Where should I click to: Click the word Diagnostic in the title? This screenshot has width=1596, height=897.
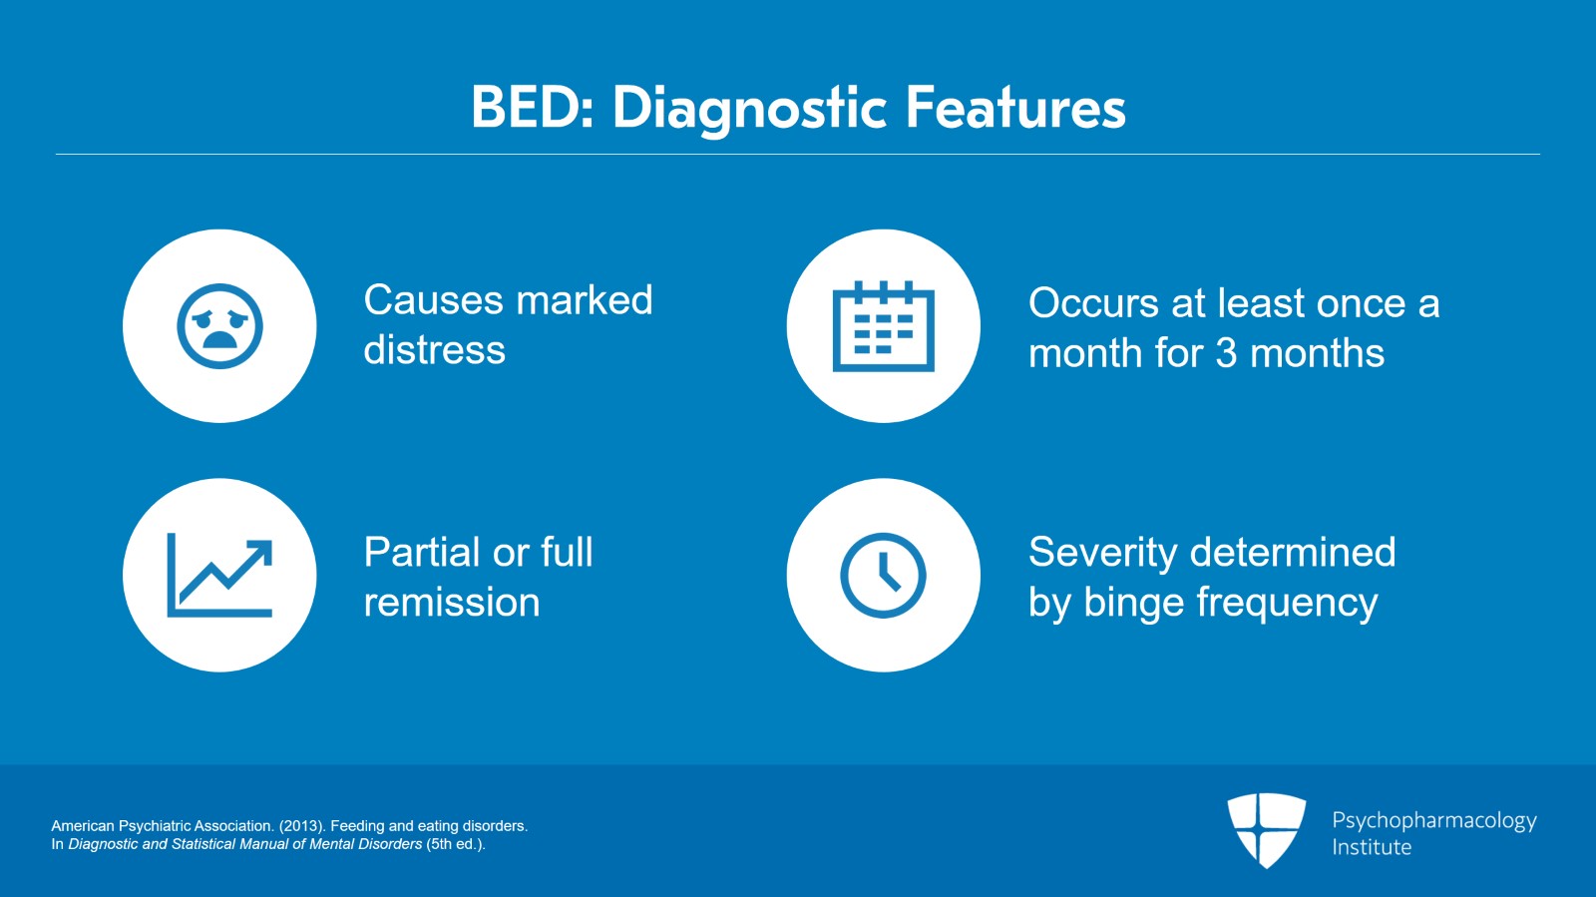749,108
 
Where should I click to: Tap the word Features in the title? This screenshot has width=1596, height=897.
1015,108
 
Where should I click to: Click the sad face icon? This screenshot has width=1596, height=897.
219,326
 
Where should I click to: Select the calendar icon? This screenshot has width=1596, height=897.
883,326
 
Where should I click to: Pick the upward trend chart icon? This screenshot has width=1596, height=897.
219,575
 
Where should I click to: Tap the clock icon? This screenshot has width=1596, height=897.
883,575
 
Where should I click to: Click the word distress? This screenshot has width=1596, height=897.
434,350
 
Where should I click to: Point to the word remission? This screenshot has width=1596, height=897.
451,603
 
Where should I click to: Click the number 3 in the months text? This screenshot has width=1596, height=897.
1226,353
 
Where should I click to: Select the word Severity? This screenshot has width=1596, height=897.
1102,553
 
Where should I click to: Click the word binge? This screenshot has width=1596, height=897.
1135,603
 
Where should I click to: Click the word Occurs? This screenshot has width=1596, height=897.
1093,303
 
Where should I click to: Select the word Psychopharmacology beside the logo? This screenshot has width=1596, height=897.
1433,820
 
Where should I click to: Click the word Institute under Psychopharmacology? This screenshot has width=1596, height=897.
1372,847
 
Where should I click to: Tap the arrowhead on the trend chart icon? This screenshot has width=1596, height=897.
262,551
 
